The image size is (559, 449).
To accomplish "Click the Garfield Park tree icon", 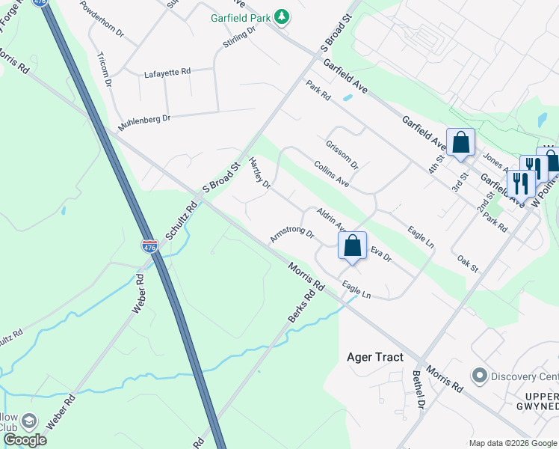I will tap(281, 16).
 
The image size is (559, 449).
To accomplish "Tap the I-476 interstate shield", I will tap(150, 246).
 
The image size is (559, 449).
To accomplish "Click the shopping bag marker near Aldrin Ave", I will tap(352, 246).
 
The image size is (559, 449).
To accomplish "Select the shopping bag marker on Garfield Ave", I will tap(460, 142).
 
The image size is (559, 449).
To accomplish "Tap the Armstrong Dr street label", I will tap(292, 235).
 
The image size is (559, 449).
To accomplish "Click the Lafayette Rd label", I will tap(167, 72).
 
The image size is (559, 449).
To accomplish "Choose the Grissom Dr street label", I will tap(342, 155).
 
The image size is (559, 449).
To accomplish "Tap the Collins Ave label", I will tap(332, 174).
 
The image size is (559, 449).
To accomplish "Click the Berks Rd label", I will tap(297, 308).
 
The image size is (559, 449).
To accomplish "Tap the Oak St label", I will tap(467, 263).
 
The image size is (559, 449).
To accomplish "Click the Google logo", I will tap(25, 440).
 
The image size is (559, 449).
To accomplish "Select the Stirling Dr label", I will tap(239, 37).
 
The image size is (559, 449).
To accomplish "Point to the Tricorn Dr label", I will tap(104, 70).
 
